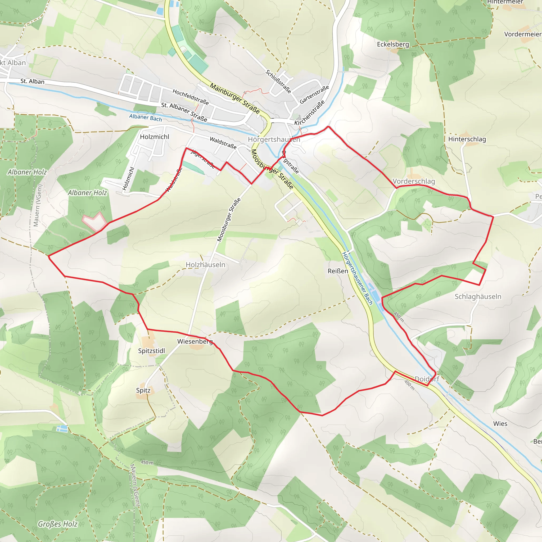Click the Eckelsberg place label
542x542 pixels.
pyautogui.click(x=393, y=44)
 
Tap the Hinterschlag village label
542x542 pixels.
pyautogui.click(x=467, y=139)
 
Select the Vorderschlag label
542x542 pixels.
pyautogui.click(x=414, y=181)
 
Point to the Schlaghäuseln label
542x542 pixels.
pyautogui.click(x=478, y=296)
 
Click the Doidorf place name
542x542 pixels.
pyautogui.click(x=427, y=379)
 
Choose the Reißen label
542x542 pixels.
pyautogui.click(x=338, y=271)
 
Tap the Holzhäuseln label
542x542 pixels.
pyautogui.click(x=205, y=265)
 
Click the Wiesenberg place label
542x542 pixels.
pyautogui.click(x=195, y=341)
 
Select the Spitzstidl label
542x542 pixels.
pyautogui.click(x=151, y=351)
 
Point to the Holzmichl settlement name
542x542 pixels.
pyautogui.click(x=155, y=137)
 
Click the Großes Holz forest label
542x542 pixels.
pyautogui.click(x=57, y=524)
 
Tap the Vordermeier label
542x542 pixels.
pyautogui.click(x=523, y=34)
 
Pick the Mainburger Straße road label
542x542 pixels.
pyautogui.click(x=235, y=98)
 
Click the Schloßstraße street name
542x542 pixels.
pyautogui.click(x=278, y=81)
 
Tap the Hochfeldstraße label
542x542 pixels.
pyautogui.click(x=191, y=97)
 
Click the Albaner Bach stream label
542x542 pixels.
pyautogui.click(x=145, y=118)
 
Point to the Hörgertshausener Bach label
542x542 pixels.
pyautogui.click(x=357, y=278)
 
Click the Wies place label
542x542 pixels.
pyautogui.click(x=500, y=424)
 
